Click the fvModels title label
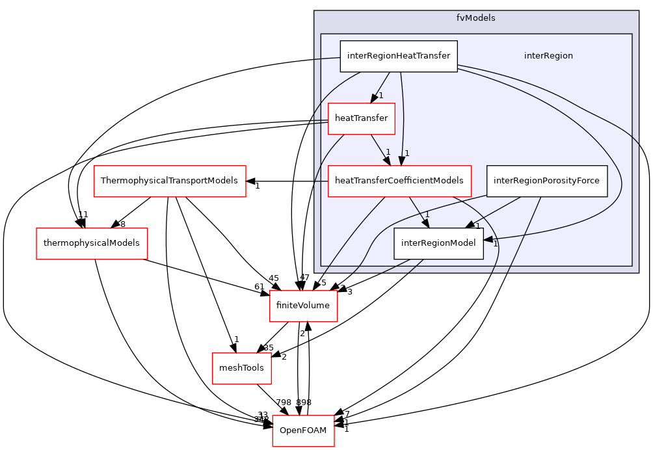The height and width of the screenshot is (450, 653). pyautogui.click(x=475, y=18)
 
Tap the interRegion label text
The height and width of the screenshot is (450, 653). pyautogui.click(x=548, y=56)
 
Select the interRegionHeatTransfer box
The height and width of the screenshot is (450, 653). pyautogui.click(x=398, y=56)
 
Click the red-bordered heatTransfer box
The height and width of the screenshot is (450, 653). pyautogui.click(x=361, y=118)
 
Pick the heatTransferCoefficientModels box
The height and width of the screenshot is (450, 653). pyautogui.click(x=399, y=181)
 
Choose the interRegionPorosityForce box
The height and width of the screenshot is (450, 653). pyautogui.click(x=546, y=181)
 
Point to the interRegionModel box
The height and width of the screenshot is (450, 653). pyautogui.click(x=438, y=243)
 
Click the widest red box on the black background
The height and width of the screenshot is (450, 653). pyautogui.click(x=170, y=181)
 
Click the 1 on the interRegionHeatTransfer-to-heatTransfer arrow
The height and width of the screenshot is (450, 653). pyautogui.click(x=381, y=96)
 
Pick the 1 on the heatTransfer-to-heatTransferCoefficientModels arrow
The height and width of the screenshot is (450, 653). pyautogui.click(x=388, y=152)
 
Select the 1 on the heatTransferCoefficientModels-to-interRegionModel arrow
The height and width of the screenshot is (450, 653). pyautogui.click(x=427, y=215)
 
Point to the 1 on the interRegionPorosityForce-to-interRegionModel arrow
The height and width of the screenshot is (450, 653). pyautogui.click(x=477, y=226)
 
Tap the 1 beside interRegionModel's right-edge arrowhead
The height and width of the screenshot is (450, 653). pyautogui.click(x=494, y=245)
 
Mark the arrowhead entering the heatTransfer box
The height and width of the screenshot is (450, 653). pyautogui.click(x=373, y=99)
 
